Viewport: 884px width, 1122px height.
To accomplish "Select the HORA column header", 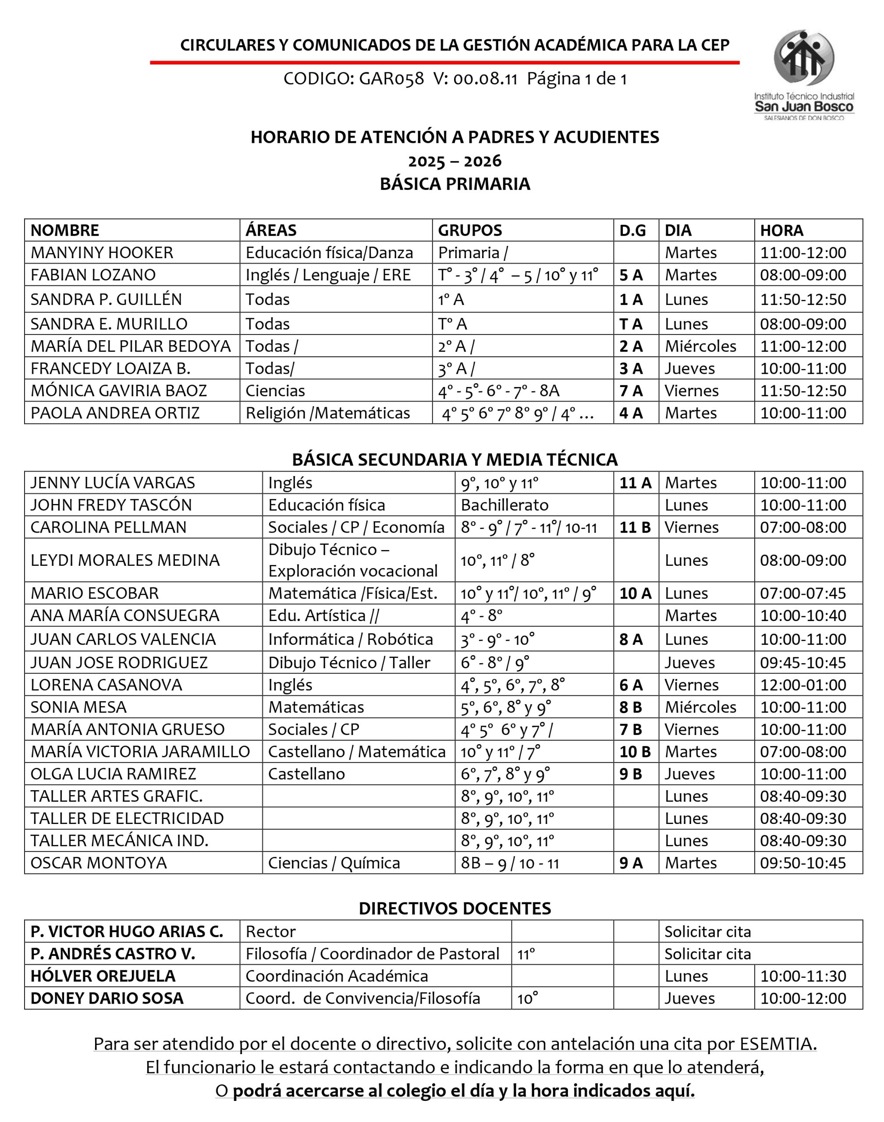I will [781, 230].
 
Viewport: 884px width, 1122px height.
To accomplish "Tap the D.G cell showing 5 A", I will [631, 275].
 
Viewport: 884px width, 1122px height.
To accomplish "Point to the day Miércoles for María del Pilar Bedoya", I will [700, 346].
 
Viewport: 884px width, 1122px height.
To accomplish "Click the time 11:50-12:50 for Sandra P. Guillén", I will [803, 299].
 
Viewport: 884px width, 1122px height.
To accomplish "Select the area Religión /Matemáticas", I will [328, 413].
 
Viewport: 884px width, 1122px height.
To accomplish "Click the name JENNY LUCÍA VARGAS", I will [112, 483].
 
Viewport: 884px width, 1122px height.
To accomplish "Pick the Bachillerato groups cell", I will [504, 504].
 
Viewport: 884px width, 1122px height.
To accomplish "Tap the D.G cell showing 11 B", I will [635, 527].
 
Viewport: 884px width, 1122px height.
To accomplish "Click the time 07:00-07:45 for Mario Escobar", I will [803, 593].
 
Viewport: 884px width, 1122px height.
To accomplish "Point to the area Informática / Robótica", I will [350, 639].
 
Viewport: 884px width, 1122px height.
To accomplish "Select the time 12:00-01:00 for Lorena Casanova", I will [803, 685].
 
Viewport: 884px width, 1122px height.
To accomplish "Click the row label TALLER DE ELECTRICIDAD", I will [127, 818].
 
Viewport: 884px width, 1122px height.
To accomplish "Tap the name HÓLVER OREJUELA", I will [103, 976].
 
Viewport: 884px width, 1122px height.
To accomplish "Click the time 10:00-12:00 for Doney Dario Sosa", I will [803, 998].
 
